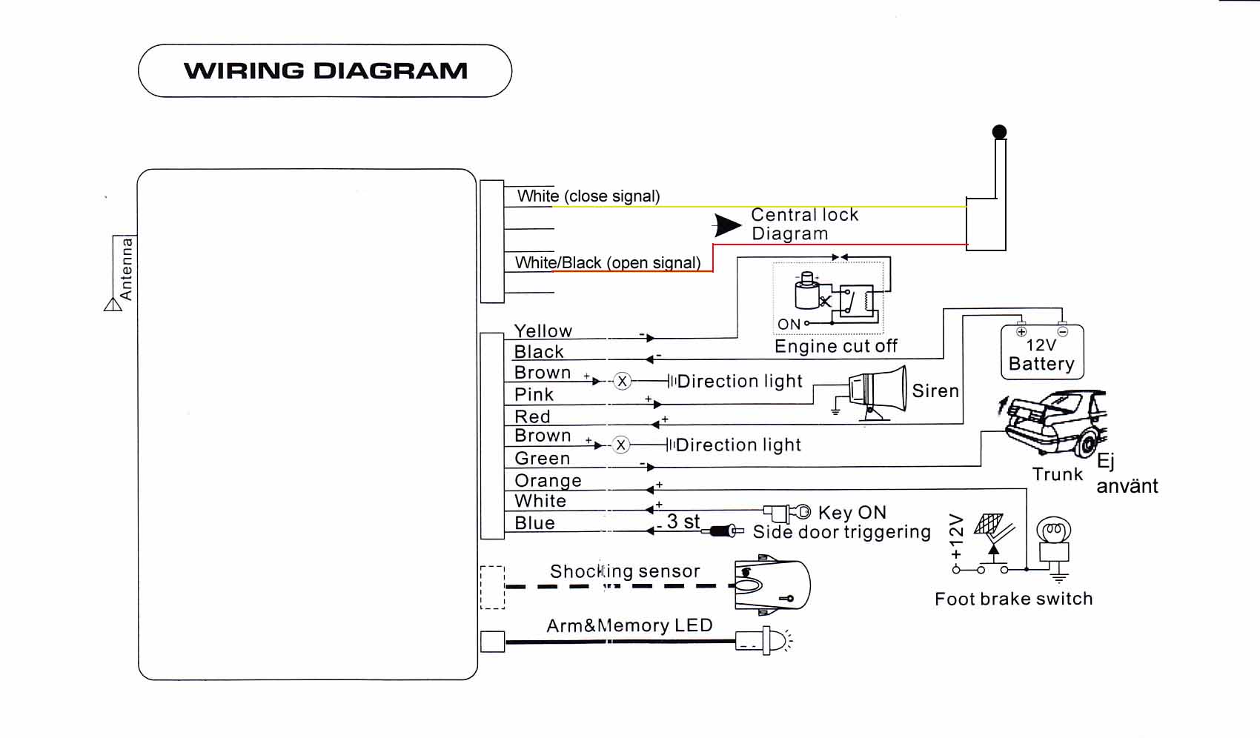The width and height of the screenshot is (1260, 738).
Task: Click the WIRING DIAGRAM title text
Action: coord(325,71)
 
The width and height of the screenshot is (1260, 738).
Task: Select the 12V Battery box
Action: coord(1042,352)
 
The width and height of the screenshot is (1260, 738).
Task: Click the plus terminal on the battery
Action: coord(1021,331)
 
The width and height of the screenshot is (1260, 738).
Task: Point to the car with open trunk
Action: coord(1053,423)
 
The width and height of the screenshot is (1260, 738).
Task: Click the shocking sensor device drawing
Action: coord(772,585)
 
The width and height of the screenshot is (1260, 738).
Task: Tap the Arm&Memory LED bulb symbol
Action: coord(763,641)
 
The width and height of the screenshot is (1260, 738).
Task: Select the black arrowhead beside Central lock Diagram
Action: coord(728,225)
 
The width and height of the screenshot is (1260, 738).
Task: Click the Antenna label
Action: coord(126,269)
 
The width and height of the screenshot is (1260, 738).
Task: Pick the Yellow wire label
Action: coord(543,330)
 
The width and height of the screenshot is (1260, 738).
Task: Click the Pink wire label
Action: coord(534,394)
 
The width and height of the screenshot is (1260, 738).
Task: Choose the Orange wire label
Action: coord(548,480)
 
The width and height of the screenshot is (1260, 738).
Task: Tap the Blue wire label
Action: coord(534,522)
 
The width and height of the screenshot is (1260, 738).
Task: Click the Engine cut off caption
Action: coord(836,345)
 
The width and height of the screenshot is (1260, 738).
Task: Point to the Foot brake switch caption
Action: coord(1014,599)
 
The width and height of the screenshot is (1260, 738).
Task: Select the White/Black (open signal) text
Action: coord(608,263)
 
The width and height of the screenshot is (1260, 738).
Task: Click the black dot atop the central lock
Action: coord(999,132)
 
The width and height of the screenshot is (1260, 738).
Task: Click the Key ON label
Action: coord(852,513)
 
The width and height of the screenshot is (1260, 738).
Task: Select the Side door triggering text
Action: coord(841,531)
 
